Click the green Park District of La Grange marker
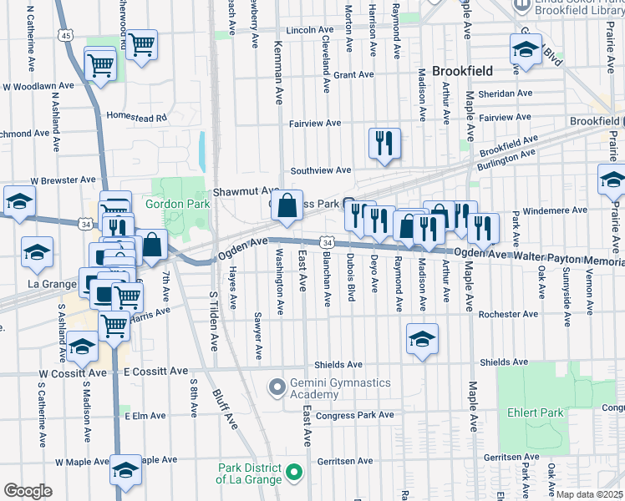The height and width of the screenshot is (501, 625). pos(293,473)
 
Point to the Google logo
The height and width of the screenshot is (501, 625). pos(28,491)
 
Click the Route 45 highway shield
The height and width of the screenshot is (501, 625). pos(67,35)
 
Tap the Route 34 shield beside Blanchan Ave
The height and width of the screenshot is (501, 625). pos(327,242)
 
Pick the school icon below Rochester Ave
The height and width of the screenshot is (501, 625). pos(422,339)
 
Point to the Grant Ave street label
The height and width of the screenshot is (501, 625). pos(353,74)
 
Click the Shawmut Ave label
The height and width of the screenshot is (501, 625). pos(246,190)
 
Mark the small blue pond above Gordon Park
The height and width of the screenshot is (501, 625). pos(202,149)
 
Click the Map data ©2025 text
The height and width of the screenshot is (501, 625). pos(590,494)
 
